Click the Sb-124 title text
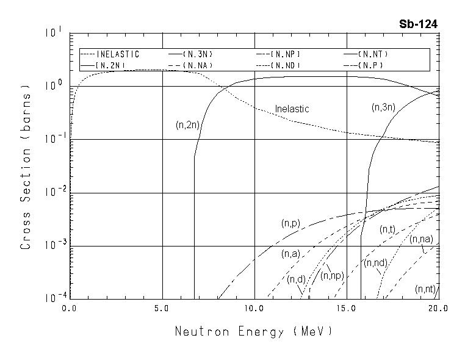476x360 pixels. point(418,24)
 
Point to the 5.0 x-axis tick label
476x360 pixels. point(162,309)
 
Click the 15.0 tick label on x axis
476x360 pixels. point(346,309)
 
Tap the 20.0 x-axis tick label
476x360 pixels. point(438,309)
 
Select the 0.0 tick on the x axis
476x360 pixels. point(70,309)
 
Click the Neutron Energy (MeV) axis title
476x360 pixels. point(254,332)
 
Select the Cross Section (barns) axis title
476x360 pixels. point(26,166)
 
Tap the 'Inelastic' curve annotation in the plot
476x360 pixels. point(292,109)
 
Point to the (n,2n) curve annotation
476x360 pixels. point(188,125)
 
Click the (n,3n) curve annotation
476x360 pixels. point(384,107)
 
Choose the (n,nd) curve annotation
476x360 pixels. point(376,263)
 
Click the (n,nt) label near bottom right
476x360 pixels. point(425,289)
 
